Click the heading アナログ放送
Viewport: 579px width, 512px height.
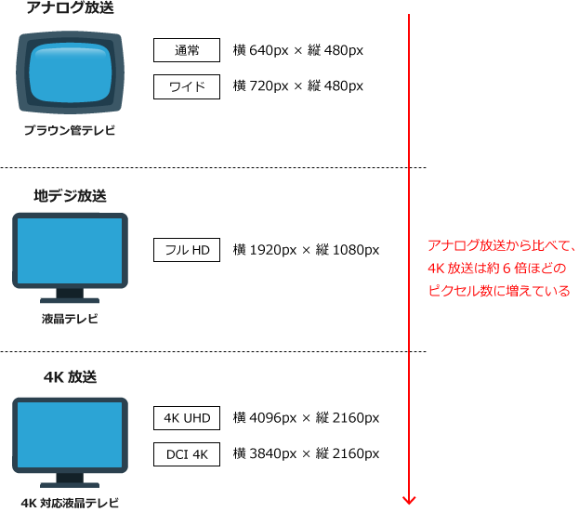(70, 7)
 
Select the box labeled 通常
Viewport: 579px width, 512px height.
(187, 50)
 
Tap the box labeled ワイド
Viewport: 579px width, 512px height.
(187, 86)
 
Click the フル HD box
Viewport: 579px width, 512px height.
(187, 250)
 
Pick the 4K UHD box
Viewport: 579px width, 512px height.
(187, 418)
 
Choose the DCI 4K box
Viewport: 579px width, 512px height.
(187, 454)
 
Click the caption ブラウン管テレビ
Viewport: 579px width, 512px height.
(70, 130)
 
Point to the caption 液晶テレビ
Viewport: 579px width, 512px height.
(70, 319)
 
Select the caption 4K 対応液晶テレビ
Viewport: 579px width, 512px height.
(70, 503)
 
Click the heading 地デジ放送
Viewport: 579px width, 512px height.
(70, 196)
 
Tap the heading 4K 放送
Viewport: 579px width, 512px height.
(70, 377)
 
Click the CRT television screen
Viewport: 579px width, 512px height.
(70, 72)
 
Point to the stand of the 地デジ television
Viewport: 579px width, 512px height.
(70, 295)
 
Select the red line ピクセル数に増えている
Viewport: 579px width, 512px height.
(499, 291)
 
